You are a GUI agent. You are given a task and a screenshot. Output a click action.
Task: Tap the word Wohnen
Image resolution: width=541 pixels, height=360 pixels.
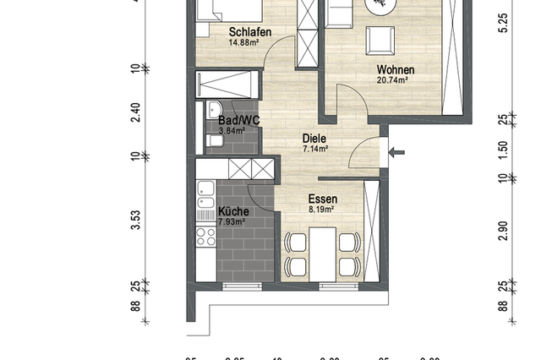coord(393,69)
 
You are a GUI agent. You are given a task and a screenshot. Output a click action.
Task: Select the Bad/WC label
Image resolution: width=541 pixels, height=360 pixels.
coord(238,121)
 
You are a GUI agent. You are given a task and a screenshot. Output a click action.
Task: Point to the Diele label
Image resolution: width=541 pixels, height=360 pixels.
coord(314,139)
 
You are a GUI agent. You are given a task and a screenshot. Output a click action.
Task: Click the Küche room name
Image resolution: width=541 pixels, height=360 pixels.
coord(232,211)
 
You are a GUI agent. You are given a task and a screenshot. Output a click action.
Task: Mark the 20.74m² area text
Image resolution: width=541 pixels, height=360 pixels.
coord(393,80)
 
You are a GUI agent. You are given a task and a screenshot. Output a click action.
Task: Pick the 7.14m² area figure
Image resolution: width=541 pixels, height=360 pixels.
coord(314,149)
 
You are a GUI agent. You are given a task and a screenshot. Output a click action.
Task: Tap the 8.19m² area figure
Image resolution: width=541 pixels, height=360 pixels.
coord(321,210)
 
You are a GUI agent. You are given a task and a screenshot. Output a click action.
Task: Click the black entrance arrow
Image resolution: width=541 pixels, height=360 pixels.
coord(396,153)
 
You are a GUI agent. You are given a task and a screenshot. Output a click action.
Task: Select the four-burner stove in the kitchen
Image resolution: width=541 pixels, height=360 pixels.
coord(205,236)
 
